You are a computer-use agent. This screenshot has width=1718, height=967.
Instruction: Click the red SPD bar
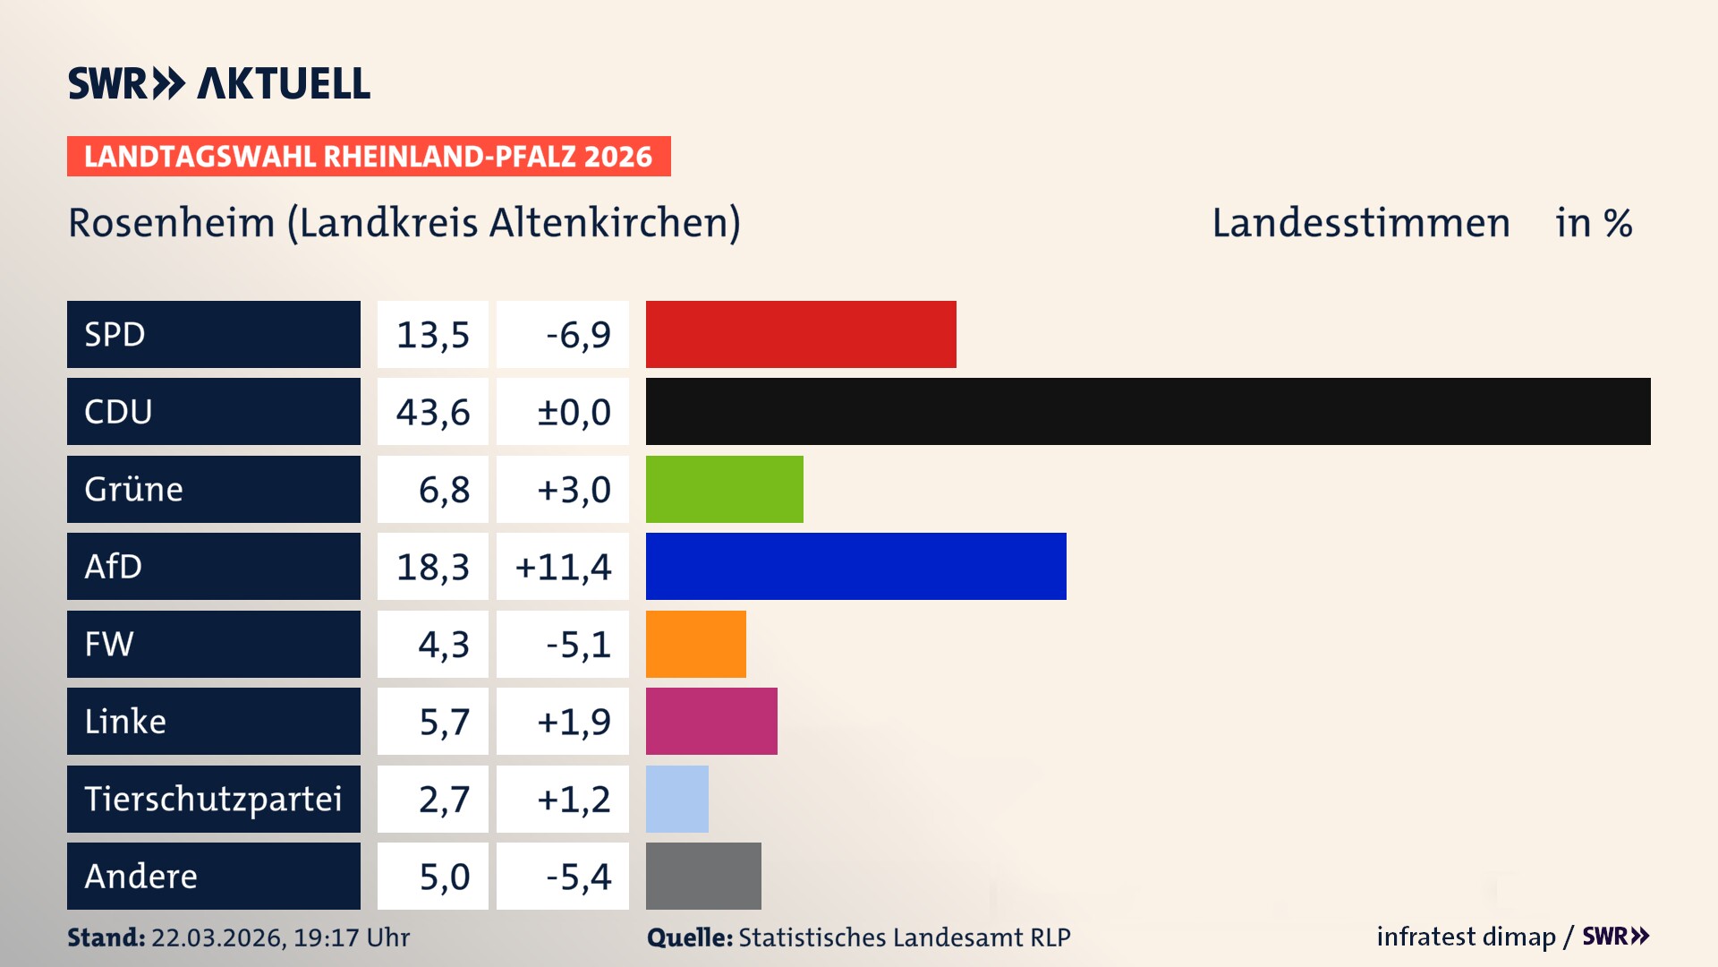(801, 334)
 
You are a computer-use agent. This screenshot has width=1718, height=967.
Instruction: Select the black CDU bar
(1148, 412)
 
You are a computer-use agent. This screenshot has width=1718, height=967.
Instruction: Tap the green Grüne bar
(724, 489)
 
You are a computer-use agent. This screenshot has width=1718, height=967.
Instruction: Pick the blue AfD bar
(855, 566)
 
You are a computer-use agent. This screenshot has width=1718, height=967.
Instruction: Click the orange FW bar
(695, 644)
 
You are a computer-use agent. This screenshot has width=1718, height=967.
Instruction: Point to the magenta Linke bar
(711, 721)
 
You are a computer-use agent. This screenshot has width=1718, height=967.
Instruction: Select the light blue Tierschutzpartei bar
(676, 799)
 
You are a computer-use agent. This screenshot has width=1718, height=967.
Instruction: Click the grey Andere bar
(703, 876)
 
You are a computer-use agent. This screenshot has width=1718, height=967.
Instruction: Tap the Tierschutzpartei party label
(213, 799)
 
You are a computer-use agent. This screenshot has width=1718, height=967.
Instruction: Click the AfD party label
(114, 566)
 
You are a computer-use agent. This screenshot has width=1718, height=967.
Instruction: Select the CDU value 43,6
(433, 412)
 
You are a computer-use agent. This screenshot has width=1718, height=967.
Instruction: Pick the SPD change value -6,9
(578, 334)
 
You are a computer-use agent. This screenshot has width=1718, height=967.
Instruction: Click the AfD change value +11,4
(564, 566)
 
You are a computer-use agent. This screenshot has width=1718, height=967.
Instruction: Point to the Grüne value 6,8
(444, 489)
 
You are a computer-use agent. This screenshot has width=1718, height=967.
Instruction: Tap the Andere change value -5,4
(578, 876)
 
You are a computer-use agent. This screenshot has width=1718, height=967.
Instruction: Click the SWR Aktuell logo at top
(219, 83)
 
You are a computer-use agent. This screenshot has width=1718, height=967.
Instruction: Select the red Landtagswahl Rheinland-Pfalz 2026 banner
(369, 156)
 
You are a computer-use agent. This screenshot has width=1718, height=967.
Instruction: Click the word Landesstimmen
(1360, 222)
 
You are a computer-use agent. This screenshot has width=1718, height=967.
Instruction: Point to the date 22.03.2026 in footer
(217, 937)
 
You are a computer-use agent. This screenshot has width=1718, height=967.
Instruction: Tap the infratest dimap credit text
(1466, 937)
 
